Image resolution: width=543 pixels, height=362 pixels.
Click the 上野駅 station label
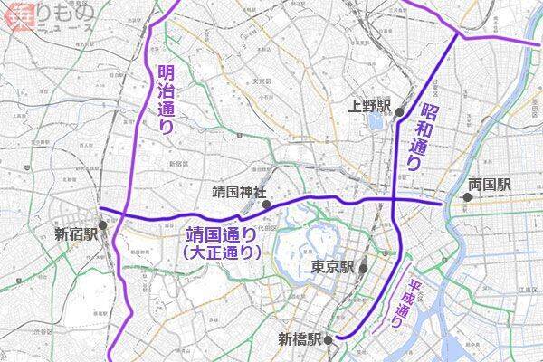click(369, 107)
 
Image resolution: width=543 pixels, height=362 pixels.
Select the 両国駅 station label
click(490, 185)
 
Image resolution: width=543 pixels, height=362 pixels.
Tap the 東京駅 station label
click(331, 268)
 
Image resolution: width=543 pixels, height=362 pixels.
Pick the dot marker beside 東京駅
click(362, 268)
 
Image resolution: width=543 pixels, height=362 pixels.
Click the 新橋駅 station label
click(300, 340)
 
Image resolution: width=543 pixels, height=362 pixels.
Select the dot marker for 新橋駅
click(329, 339)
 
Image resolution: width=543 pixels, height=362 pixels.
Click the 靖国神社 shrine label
click(233, 193)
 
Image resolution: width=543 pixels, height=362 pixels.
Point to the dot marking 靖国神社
click(266, 205)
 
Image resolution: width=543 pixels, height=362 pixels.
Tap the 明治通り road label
click(164, 99)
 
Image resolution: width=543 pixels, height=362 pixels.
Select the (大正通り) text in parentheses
click(222, 254)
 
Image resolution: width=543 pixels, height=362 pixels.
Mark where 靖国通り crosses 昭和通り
click(395, 199)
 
